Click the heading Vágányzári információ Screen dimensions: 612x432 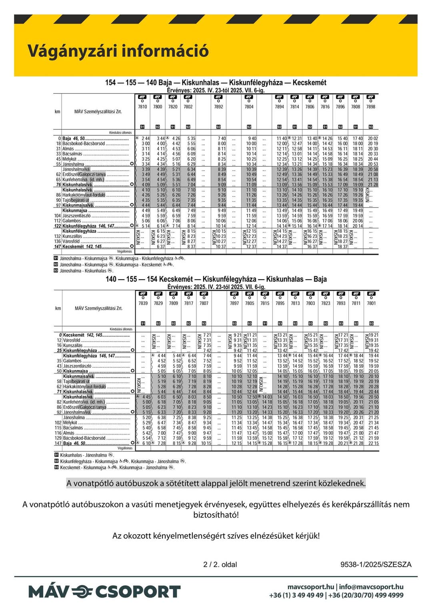tap(118, 51)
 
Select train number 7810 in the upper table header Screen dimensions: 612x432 tap(142, 107)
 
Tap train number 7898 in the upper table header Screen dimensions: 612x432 tap(371, 107)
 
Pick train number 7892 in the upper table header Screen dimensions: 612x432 tap(218, 107)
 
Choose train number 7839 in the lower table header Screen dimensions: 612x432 tap(143, 303)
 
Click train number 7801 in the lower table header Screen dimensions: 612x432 tap(372, 303)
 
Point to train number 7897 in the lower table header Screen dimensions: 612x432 tap(234, 303)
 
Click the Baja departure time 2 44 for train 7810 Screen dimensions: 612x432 tap(145, 139)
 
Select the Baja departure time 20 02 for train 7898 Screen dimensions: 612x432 tap(373, 139)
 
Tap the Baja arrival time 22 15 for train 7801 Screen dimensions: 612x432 tap(374, 443)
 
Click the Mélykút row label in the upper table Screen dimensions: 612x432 tap(70, 159)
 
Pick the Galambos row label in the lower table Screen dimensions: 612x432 tap(72, 361)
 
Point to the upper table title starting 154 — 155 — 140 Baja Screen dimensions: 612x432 tap(216, 83)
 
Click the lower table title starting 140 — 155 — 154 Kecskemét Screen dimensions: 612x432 tap(216, 279)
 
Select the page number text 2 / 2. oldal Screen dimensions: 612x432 tap(220, 565)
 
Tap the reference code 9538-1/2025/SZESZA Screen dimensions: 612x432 tap(376, 565)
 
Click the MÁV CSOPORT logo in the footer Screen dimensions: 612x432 tap(104, 592)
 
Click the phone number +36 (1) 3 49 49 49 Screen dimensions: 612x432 tap(296, 595)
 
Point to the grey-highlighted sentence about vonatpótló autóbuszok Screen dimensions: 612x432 tap(216, 483)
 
